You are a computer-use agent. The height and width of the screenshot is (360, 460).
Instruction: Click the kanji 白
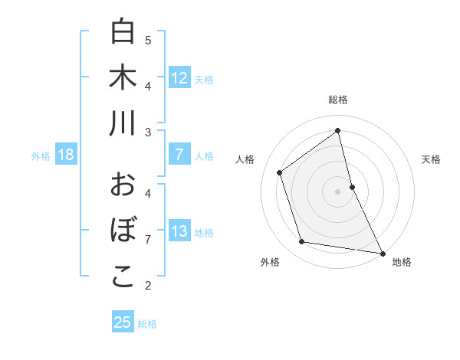click(x=123, y=31)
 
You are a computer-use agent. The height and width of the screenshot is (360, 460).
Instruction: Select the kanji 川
click(x=123, y=123)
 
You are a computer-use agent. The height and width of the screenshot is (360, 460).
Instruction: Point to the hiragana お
click(x=123, y=185)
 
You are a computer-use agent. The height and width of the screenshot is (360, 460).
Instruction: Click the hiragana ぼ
click(x=123, y=231)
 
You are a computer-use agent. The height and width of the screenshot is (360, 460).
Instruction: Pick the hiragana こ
click(x=123, y=277)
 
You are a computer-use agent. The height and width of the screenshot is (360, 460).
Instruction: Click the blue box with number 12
click(x=179, y=77)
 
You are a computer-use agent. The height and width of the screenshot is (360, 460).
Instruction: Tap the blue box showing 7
click(x=179, y=155)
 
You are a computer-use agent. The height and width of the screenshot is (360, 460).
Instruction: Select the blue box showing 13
click(x=179, y=231)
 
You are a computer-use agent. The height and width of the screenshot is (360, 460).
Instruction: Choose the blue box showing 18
click(x=66, y=155)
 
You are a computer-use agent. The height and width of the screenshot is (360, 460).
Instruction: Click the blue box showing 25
click(x=123, y=322)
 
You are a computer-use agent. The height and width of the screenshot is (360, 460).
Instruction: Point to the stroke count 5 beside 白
click(x=148, y=40)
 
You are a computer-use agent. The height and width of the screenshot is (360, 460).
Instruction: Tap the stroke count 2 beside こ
click(x=148, y=286)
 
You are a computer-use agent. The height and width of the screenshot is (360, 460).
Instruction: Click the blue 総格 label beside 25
click(x=147, y=324)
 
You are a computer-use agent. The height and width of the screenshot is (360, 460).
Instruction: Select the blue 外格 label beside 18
click(x=41, y=156)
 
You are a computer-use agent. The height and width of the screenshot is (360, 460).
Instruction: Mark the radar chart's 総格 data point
click(x=338, y=130)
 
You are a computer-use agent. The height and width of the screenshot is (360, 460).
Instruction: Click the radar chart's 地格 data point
click(x=382, y=252)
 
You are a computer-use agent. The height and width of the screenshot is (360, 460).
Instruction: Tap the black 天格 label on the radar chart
click(x=432, y=159)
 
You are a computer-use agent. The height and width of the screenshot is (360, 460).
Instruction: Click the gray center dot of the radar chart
click(x=338, y=191)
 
